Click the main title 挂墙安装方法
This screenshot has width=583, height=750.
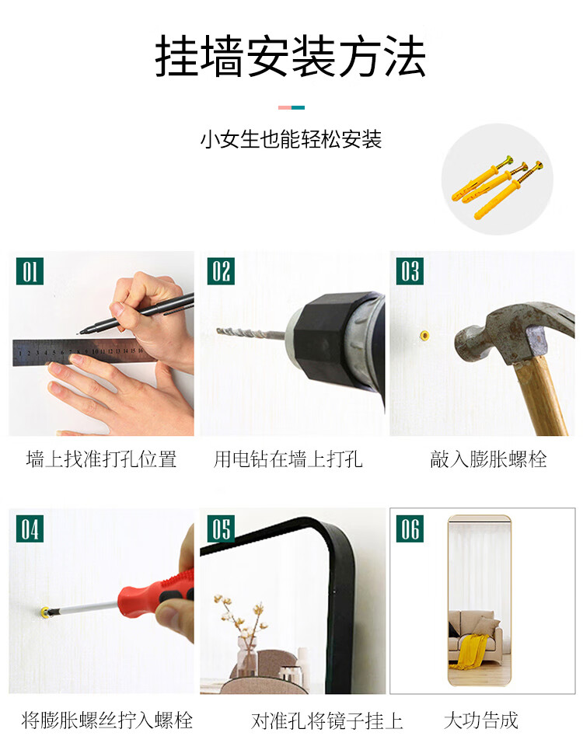[290, 56]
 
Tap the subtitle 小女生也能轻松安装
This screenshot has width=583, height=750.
[291, 140]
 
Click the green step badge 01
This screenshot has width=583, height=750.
[30, 271]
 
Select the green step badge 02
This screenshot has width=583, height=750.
[221, 271]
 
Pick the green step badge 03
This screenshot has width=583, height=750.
[410, 271]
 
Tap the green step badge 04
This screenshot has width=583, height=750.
[30, 528]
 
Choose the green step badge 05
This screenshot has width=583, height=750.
[221, 528]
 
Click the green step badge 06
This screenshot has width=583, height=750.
[410, 528]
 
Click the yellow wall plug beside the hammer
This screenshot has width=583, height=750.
[424, 335]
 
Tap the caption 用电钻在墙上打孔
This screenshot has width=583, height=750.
[288, 459]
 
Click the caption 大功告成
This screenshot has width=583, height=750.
[481, 720]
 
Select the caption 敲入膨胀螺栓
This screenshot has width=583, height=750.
[488, 459]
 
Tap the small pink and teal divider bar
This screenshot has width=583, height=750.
[291, 107]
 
